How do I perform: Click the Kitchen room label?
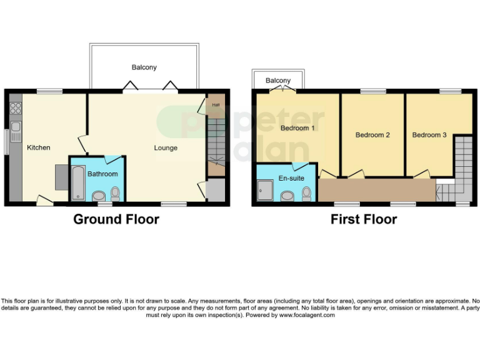(x=38, y=147)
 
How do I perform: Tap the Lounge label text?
(x=166, y=148)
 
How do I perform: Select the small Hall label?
(x=215, y=104)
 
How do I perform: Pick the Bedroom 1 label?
(x=297, y=128)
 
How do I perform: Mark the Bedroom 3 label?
(x=429, y=135)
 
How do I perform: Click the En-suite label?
(x=291, y=179)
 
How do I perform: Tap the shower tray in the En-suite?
(x=264, y=191)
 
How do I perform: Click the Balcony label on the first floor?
(x=278, y=81)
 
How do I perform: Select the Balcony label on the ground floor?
(x=144, y=67)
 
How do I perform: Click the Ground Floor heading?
(x=116, y=219)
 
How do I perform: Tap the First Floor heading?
(x=364, y=219)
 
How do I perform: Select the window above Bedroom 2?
(x=372, y=92)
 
